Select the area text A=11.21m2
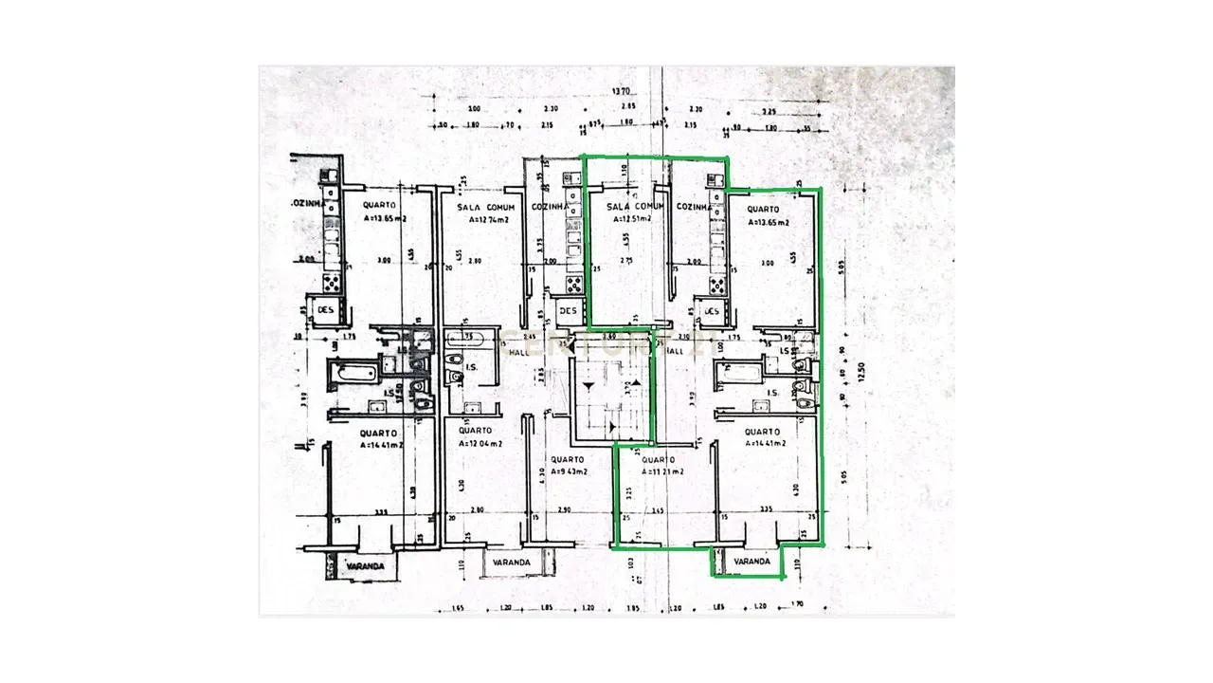click(x=662, y=471)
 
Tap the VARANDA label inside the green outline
click(x=751, y=563)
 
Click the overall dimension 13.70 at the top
click(x=621, y=92)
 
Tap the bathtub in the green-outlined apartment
click(x=738, y=371)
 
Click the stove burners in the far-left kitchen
click(x=334, y=282)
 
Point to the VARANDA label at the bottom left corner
click(x=364, y=566)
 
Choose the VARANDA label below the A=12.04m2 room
click(x=509, y=563)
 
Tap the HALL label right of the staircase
click(x=675, y=351)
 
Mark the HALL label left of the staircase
click(x=518, y=352)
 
